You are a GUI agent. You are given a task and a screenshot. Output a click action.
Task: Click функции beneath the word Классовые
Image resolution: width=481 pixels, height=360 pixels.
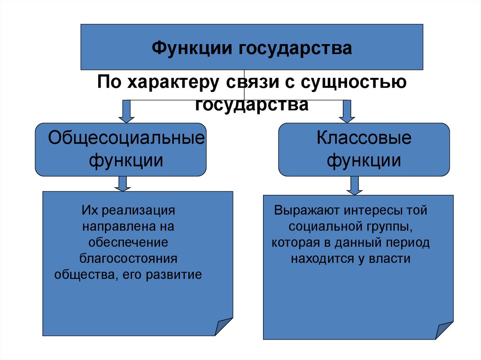coord(364,161)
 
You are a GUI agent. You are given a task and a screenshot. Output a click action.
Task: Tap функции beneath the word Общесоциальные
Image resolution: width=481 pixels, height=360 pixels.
coord(126,161)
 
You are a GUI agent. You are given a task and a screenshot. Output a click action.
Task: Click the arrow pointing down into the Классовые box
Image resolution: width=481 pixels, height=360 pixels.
coord(347,111)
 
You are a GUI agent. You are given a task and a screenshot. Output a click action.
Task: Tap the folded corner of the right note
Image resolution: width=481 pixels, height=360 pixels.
coord(444,330)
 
